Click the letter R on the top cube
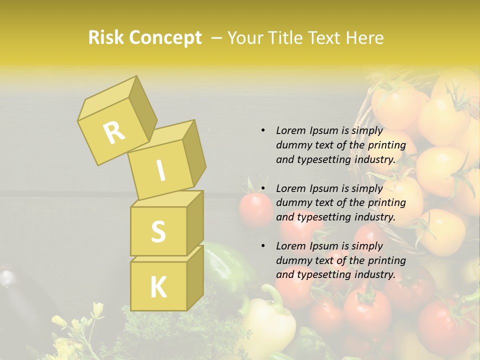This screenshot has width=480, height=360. pyautogui.click(x=114, y=132)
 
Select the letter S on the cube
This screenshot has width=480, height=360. pyautogui.click(x=158, y=231)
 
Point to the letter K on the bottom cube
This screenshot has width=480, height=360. pyautogui.click(x=158, y=287)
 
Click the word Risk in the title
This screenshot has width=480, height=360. pyautogui.click(x=106, y=37)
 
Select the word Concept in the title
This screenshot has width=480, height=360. pyautogui.click(x=165, y=38)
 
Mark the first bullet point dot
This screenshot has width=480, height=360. pyautogui.click(x=263, y=130)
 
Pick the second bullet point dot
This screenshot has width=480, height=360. pyautogui.click(x=263, y=188)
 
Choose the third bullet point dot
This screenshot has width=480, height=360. pyautogui.click(x=263, y=246)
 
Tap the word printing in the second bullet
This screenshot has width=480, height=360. pyautogui.click(x=386, y=202)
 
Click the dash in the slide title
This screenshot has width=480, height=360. pyautogui.click(x=217, y=38)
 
